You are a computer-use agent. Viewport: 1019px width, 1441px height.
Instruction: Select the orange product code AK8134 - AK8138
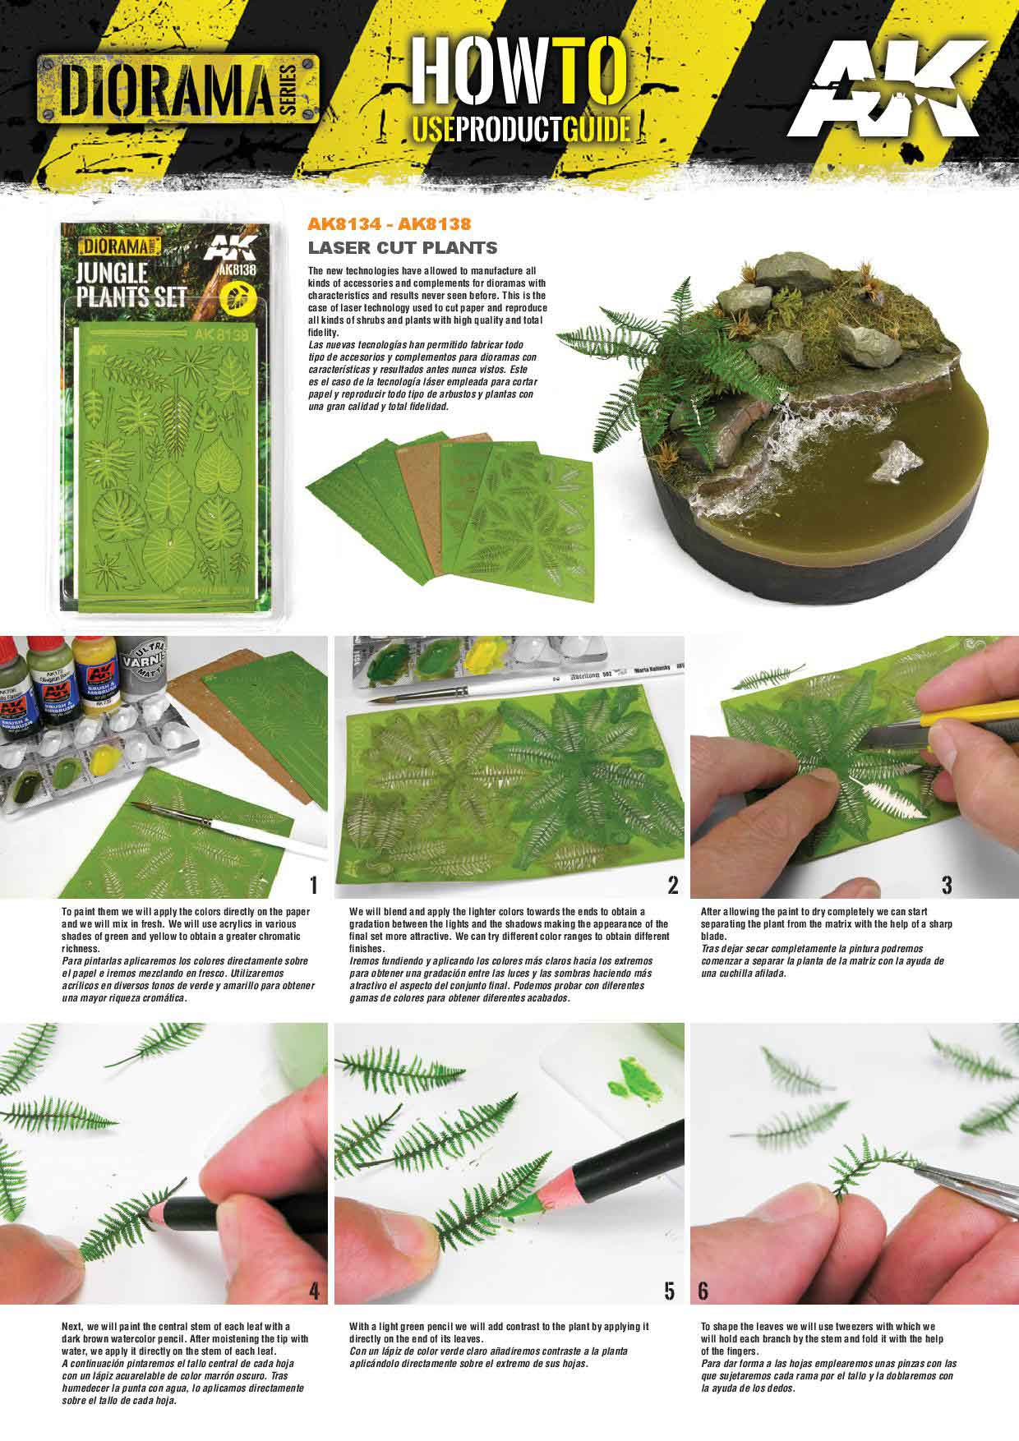click(389, 223)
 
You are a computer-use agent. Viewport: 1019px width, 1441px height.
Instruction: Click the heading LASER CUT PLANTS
click(402, 247)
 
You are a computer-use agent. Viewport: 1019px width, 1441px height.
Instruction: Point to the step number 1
click(313, 885)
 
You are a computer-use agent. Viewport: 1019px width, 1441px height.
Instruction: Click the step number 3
click(946, 885)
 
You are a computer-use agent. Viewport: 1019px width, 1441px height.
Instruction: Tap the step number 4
click(313, 1291)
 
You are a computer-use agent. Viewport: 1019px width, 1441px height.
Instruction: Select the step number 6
click(703, 1291)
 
